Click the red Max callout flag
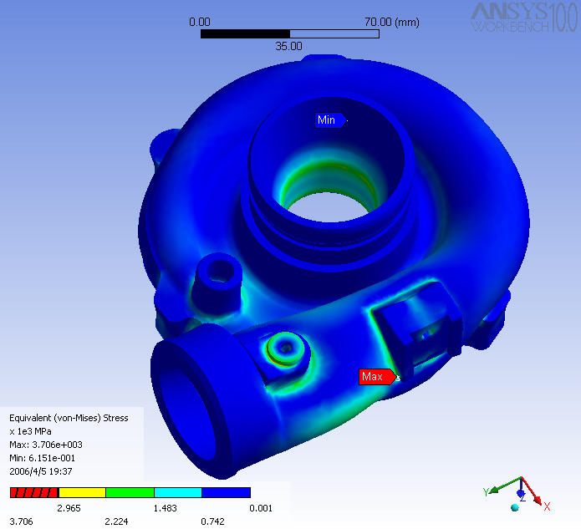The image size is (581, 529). point(375,377)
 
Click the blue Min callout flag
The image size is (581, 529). point(328,120)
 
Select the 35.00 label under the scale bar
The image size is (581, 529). point(288,46)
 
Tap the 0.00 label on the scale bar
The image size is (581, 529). point(200,21)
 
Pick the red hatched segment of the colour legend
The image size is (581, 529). point(33,493)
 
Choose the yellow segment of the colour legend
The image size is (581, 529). point(82,493)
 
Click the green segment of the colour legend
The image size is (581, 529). point(130,493)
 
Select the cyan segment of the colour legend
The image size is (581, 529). point(178,493)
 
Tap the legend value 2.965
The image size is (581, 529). point(69,508)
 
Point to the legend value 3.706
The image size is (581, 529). point(21,521)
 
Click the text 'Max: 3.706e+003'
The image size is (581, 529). point(45,445)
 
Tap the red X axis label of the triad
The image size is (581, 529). point(547,506)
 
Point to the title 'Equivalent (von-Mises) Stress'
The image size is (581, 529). point(69,418)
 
